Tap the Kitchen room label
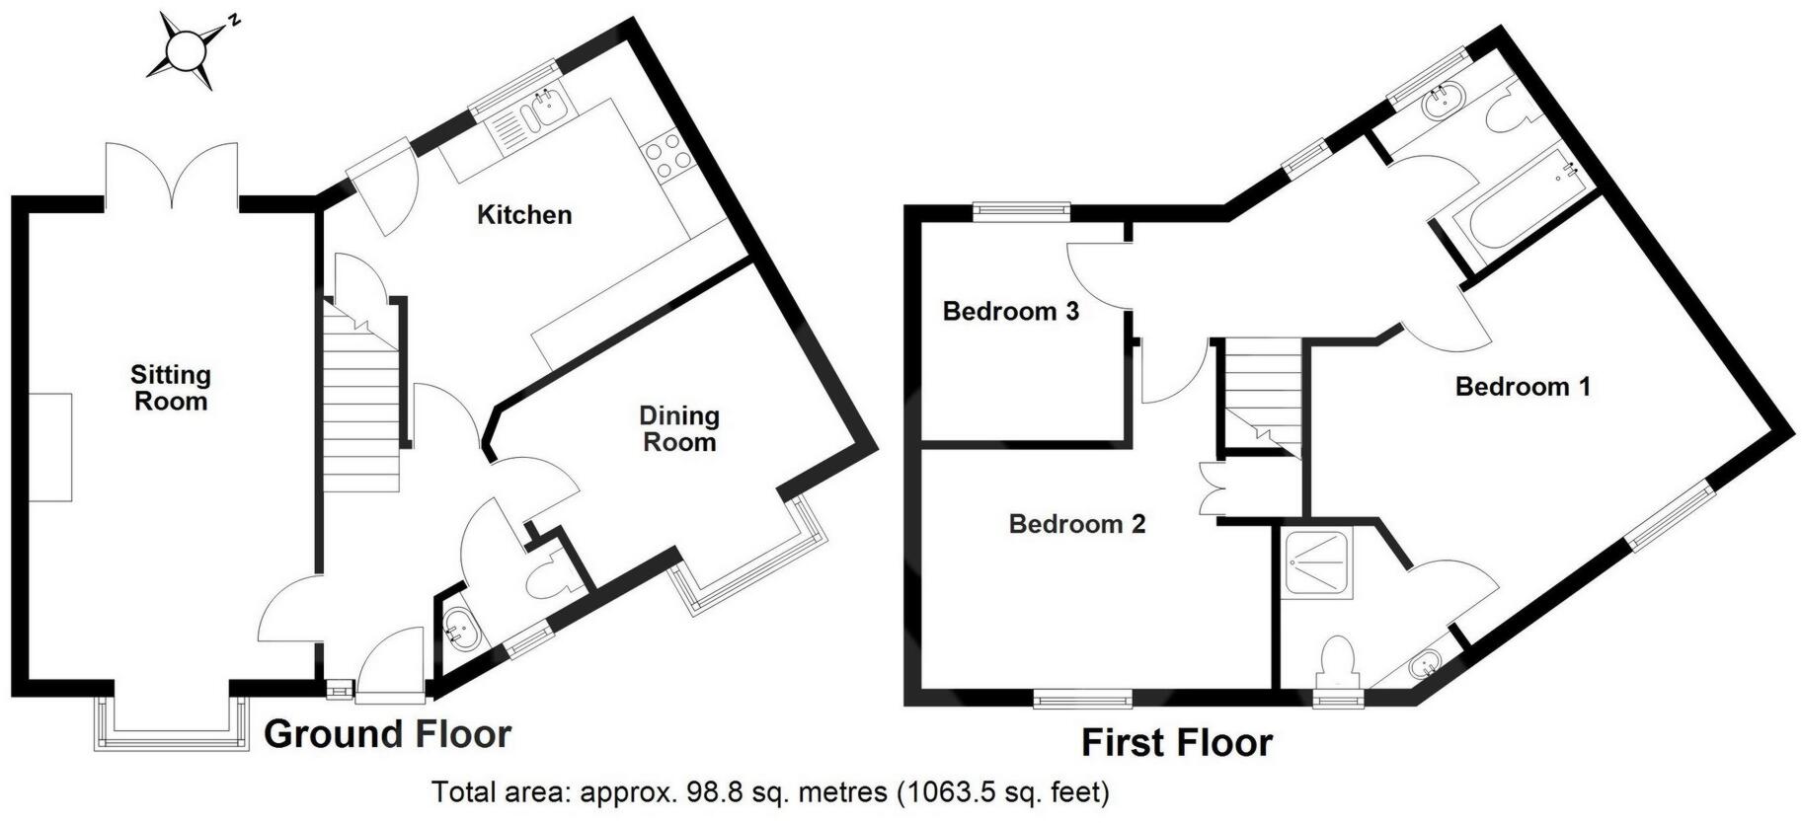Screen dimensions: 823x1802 [x=524, y=215]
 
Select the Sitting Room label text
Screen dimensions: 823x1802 [x=171, y=388]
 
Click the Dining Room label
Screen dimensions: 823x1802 [x=678, y=429]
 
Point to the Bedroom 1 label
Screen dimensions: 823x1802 [x=1523, y=387]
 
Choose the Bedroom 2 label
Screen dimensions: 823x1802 [x=1076, y=524]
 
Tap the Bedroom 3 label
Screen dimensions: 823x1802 [x=1010, y=312]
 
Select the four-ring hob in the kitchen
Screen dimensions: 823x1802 [x=666, y=159]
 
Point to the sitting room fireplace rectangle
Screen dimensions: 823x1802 [x=50, y=447]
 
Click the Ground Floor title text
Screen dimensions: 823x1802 [x=387, y=734]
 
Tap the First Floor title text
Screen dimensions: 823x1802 [x=1176, y=743]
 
